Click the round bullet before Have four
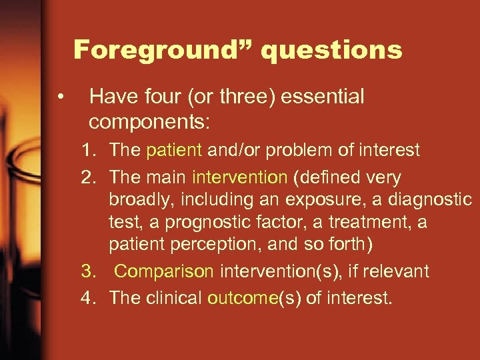(x=61, y=98)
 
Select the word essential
(x=323, y=97)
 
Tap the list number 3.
(x=88, y=271)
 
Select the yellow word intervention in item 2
(x=239, y=178)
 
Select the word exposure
(x=317, y=200)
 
